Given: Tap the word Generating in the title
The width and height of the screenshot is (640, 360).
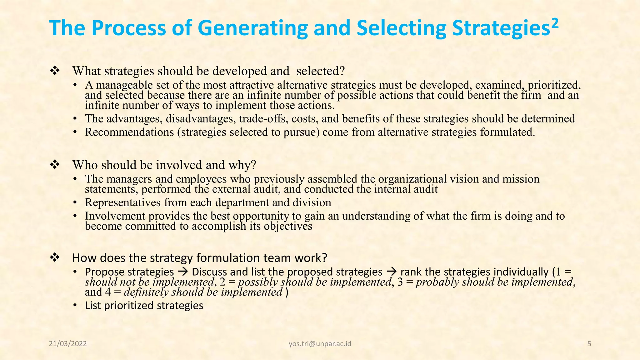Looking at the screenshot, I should pos(252,28).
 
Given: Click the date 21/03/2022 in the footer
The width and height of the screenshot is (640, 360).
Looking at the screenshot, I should pos(68,344).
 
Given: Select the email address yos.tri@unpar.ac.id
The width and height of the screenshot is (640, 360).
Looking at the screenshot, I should pos(320,344).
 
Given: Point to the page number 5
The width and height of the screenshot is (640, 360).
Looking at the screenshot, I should pos(589,344).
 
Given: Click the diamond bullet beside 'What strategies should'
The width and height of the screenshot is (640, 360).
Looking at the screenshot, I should pos(55,71).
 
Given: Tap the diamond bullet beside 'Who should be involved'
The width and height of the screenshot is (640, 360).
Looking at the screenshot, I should pos(55,165).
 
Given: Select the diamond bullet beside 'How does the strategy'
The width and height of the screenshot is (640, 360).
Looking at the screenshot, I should pos(55,258).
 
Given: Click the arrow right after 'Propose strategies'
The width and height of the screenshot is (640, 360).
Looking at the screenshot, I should pos(183,272).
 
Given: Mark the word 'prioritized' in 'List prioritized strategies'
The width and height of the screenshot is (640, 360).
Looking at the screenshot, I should pos(129,305).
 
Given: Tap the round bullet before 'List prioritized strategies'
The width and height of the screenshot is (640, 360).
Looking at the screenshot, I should pos(75,305).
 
